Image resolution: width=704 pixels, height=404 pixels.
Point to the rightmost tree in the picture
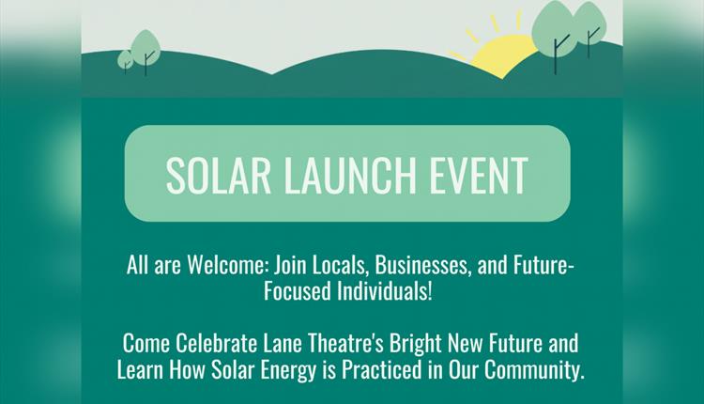pos(588,23)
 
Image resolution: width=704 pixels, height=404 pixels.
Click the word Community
pos(538,367)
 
